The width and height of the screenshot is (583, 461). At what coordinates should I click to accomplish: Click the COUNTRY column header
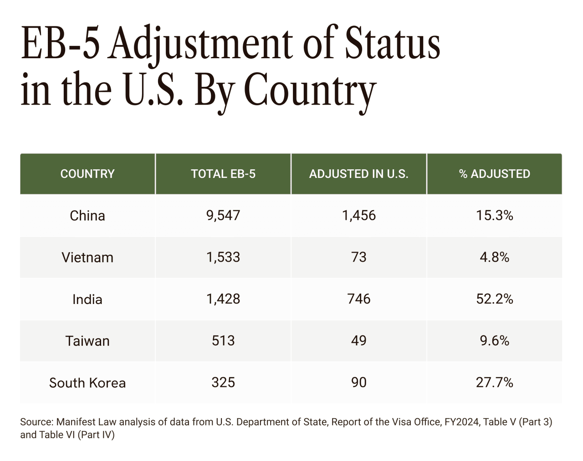click(87, 174)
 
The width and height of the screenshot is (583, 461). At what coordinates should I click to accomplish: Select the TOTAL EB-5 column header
click(223, 174)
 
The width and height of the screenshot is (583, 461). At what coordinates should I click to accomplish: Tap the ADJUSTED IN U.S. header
click(359, 174)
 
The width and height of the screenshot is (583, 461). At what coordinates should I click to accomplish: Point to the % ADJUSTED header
click(495, 174)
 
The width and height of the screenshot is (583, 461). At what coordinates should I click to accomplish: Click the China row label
click(87, 215)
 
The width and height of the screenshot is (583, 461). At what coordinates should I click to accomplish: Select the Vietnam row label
click(87, 257)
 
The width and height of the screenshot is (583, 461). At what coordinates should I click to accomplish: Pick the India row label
click(87, 299)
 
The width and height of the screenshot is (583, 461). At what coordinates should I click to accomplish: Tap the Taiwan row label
click(87, 341)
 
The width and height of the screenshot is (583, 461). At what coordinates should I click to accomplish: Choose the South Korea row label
click(87, 383)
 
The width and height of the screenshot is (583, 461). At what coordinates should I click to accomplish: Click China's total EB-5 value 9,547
click(223, 215)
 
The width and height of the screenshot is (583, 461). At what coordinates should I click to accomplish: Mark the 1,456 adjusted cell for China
click(359, 215)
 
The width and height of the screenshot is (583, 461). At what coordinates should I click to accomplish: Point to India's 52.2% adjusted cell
click(495, 299)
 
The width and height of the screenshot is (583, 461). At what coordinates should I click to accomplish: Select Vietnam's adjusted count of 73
click(359, 257)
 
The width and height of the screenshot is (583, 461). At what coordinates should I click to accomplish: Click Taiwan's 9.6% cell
click(495, 341)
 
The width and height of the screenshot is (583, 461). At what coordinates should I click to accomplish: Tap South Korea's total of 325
click(223, 382)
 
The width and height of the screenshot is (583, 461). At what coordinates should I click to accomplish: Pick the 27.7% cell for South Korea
click(495, 382)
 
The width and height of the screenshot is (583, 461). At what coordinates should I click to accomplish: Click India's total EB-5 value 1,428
click(223, 299)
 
